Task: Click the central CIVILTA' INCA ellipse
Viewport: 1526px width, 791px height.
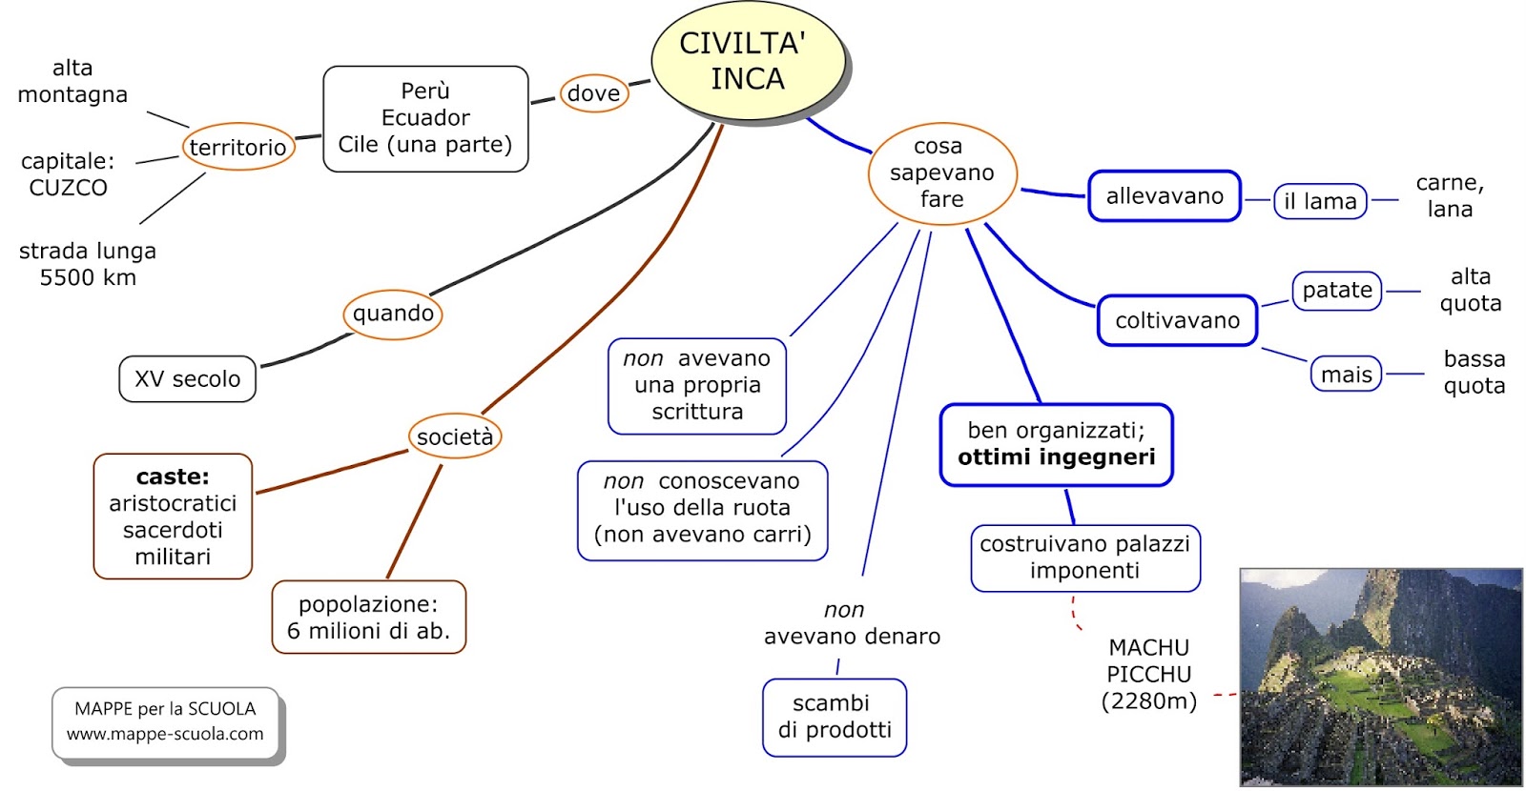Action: tap(748, 61)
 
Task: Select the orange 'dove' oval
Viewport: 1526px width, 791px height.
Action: tap(593, 93)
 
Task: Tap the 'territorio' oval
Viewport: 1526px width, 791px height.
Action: tap(237, 147)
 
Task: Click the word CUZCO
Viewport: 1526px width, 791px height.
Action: tap(68, 188)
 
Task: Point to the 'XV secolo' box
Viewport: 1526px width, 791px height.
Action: tap(187, 379)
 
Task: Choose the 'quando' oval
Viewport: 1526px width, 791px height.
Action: tap(393, 314)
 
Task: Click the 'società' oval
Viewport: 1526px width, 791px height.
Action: tap(455, 436)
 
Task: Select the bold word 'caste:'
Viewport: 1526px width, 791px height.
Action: tap(173, 477)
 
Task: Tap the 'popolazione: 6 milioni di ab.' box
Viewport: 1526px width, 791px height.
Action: tap(368, 618)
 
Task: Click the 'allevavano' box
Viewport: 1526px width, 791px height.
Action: tap(1165, 196)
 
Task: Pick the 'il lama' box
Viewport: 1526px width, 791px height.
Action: tap(1320, 202)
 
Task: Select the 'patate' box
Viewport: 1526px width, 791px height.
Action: tap(1337, 291)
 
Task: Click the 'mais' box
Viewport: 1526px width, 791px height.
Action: tap(1346, 375)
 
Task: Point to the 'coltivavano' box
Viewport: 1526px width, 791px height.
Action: tap(1177, 321)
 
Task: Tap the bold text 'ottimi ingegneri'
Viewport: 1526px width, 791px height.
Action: tap(1056, 457)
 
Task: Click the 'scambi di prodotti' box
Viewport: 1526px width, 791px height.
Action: tap(835, 717)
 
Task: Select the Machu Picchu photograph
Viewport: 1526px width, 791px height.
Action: tap(1380, 677)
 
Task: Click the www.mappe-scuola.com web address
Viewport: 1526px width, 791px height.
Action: tap(165, 734)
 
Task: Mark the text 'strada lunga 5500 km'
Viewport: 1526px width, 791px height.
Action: tap(88, 264)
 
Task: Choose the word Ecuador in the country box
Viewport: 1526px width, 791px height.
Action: tap(425, 118)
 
